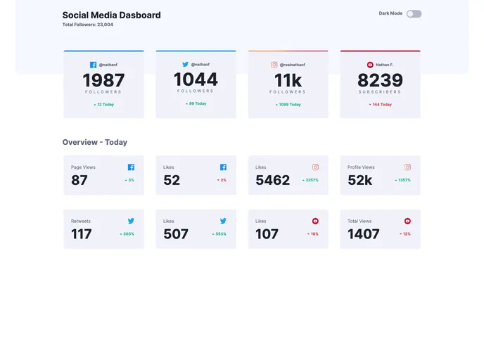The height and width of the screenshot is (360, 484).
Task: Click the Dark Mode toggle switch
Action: pos(414,13)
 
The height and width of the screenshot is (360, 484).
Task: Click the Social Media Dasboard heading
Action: pos(111,15)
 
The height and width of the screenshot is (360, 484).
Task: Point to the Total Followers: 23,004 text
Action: pos(87,25)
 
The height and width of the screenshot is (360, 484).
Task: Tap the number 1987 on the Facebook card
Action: pos(103,80)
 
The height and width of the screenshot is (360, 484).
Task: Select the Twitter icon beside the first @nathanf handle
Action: pos(186,64)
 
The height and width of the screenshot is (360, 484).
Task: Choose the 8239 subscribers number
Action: pos(380,80)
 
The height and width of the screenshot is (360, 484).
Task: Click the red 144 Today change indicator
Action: pos(381,104)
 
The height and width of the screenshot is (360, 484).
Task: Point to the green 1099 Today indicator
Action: pos(288,104)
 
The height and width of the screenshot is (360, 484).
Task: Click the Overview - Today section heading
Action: pos(94,142)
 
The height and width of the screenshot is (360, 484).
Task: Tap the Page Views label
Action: pos(83,167)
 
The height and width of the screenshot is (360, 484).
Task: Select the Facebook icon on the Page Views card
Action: pos(131,167)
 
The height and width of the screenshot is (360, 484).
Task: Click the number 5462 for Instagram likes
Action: pos(272,180)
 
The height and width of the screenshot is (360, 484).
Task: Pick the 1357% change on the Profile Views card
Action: pos(403,180)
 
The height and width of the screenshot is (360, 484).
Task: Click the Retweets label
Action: pos(81,221)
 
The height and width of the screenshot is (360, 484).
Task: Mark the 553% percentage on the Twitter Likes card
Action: pos(219,233)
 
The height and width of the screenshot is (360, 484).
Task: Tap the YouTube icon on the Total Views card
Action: pos(407,221)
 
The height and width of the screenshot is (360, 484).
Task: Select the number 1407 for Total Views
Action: pos(363,234)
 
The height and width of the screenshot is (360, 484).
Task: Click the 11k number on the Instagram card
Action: pos(288,80)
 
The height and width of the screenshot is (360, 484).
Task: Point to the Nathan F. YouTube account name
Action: pos(385,65)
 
